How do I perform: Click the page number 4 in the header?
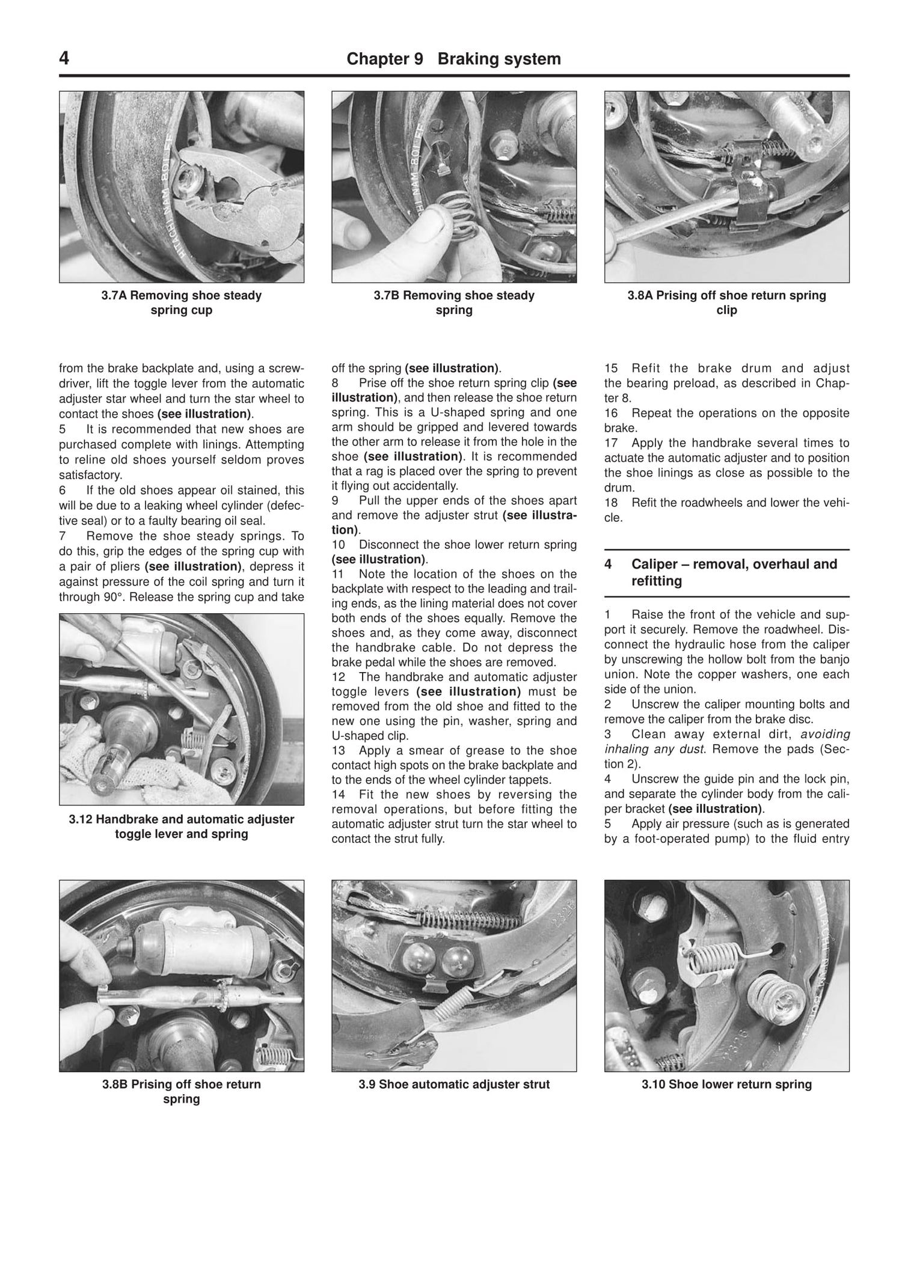point(64,59)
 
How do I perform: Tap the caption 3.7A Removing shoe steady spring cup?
point(181,303)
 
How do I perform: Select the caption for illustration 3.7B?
point(453,303)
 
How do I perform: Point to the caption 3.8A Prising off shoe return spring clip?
point(726,303)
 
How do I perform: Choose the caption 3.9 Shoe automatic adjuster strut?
point(453,1084)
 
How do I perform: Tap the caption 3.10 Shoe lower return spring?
point(726,1084)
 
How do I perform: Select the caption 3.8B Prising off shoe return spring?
point(181,1092)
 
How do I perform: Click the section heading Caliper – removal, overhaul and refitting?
point(734,572)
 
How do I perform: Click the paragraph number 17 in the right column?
point(611,443)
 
